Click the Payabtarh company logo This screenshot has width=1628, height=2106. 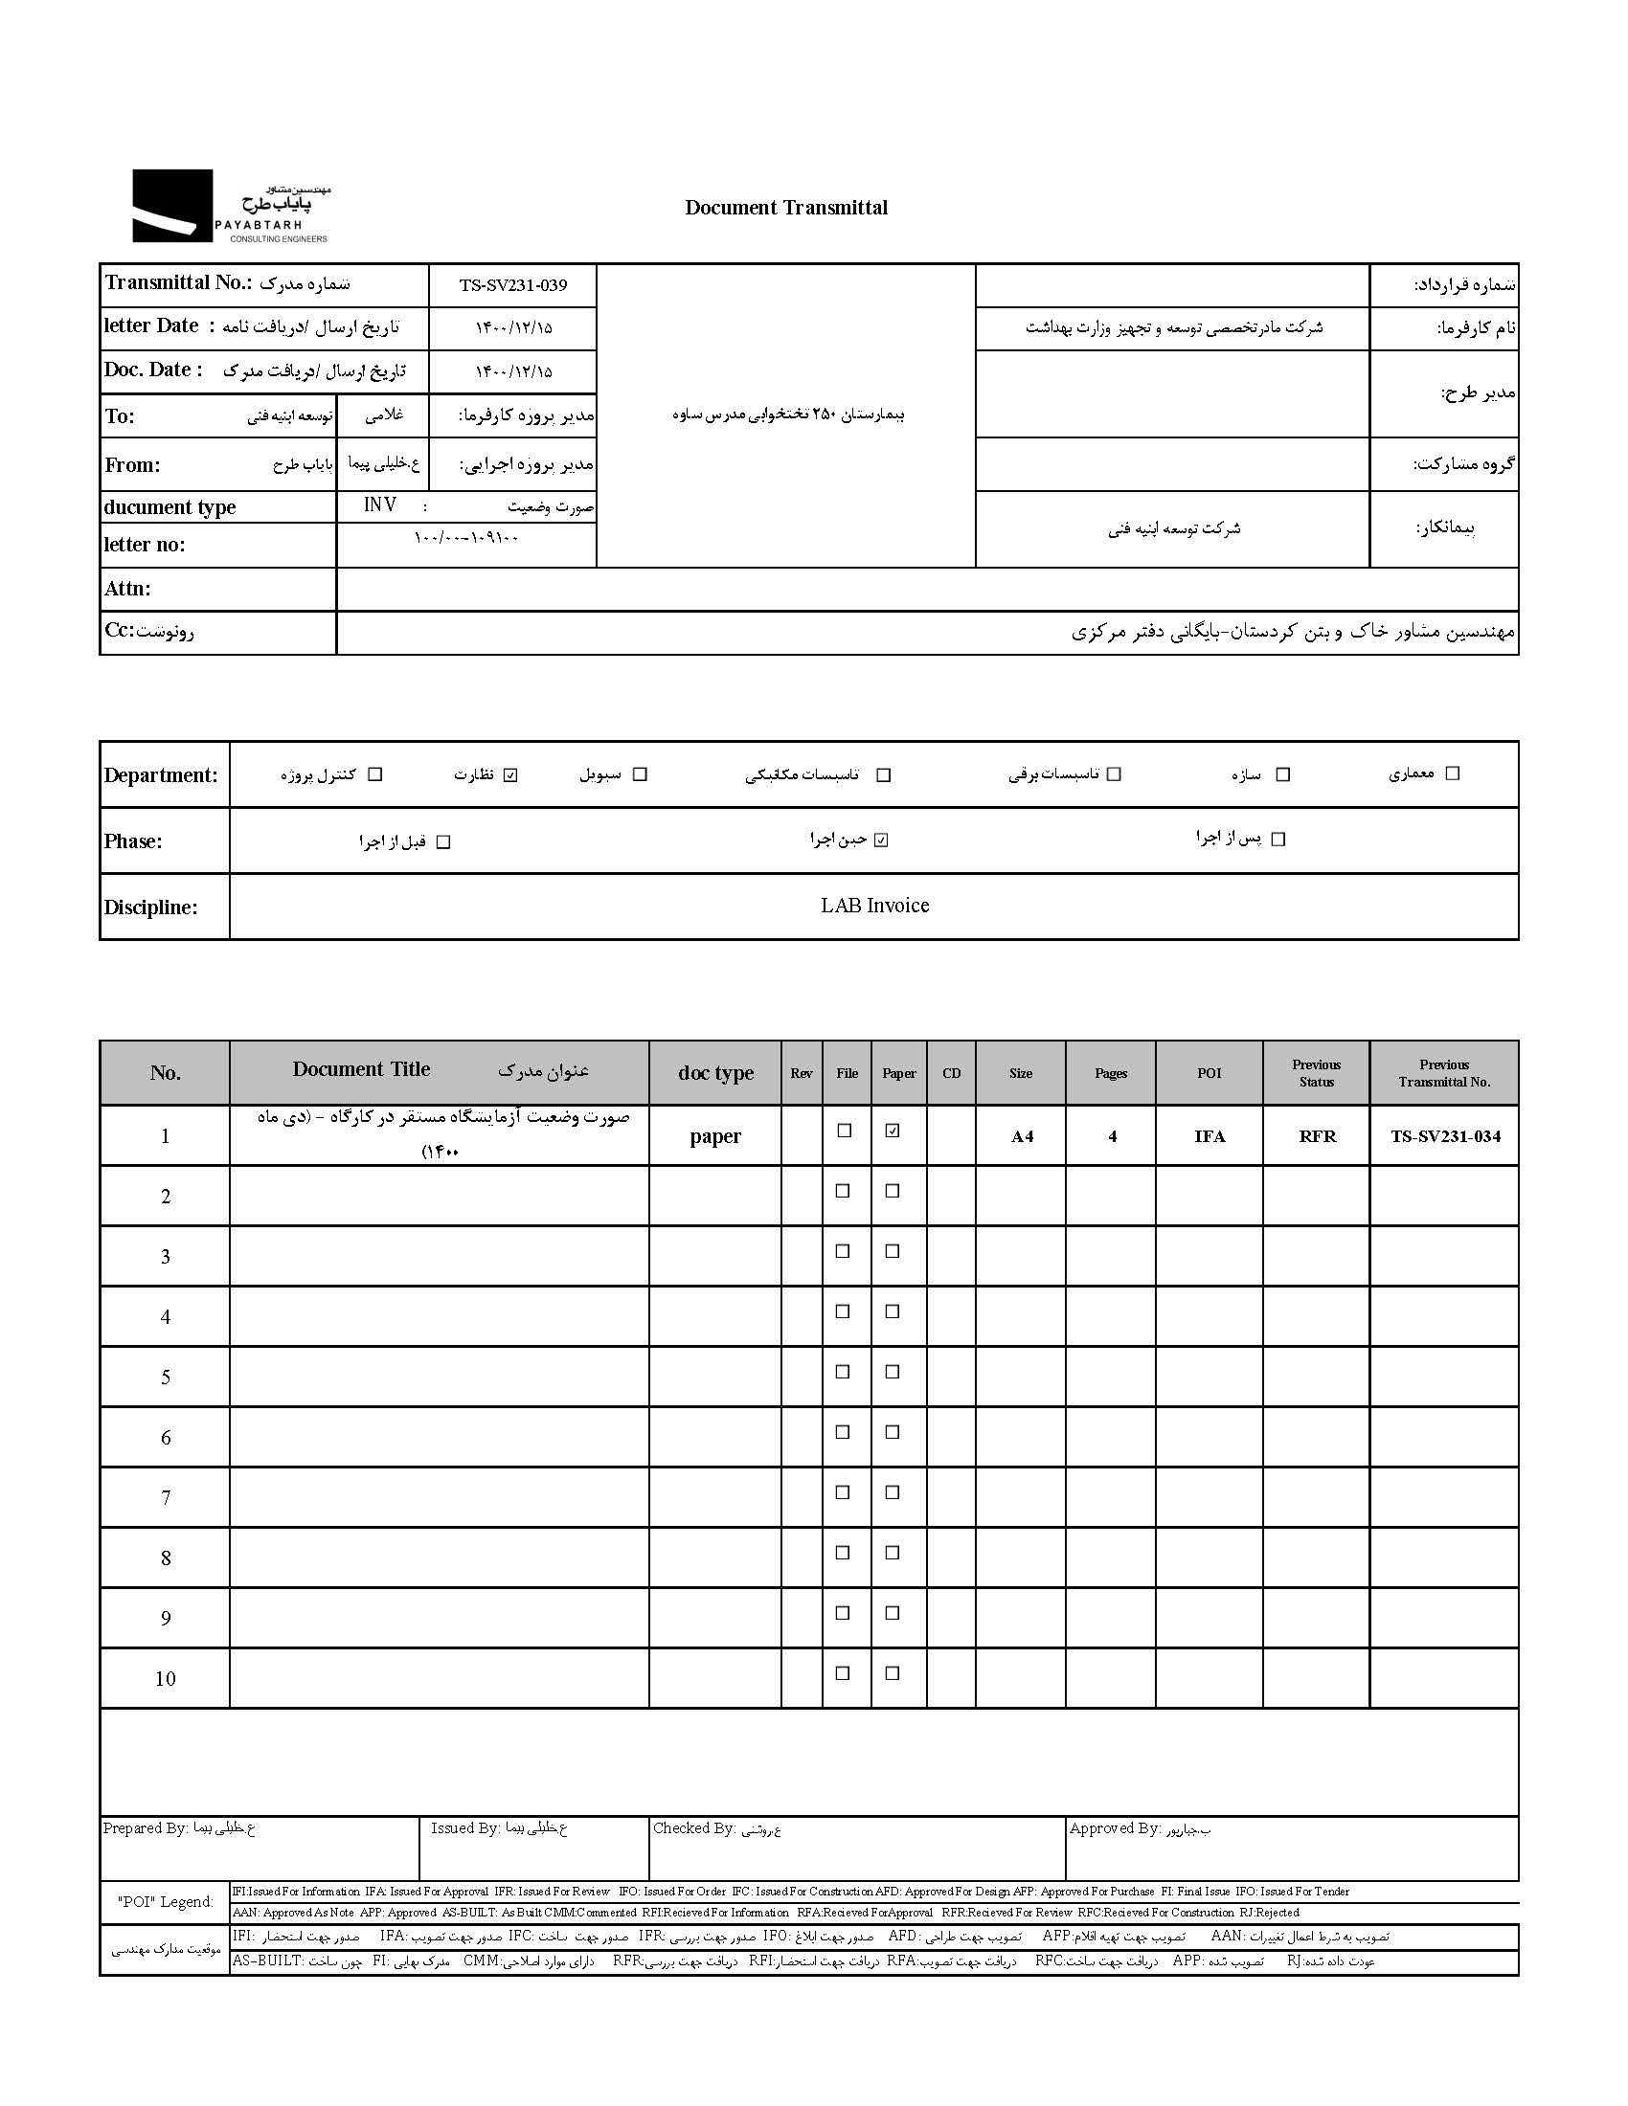coord(230,207)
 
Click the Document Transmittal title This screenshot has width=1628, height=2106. coord(786,208)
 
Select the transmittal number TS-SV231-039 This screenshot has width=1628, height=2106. coord(512,285)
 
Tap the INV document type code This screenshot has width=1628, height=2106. coord(380,505)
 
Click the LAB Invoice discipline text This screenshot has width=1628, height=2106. coord(874,906)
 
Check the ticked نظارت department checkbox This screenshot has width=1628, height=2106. coord(511,775)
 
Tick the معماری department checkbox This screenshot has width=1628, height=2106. coord(1453,773)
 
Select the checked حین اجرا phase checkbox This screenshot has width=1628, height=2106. coord(880,840)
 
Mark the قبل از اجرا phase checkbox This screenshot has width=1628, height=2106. coord(443,842)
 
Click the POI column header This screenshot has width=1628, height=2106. coord(1209,1073)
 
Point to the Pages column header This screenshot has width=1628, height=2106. coord(1110,1073)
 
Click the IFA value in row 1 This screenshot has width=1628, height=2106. coord(1210,1137)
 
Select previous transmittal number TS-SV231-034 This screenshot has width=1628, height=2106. coord(1445,1137)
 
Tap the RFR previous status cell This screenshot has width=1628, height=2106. coord(1317,1137)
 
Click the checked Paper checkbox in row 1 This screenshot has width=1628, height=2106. coord(893,1131)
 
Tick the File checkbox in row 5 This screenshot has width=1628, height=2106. coord(843,1372)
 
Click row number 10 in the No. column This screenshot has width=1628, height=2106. coord(165,1679)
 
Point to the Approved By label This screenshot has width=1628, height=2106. coord(1114,1828)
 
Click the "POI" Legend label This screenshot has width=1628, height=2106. coord(165,1901)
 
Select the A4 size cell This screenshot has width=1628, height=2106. coord(1022,1137)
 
